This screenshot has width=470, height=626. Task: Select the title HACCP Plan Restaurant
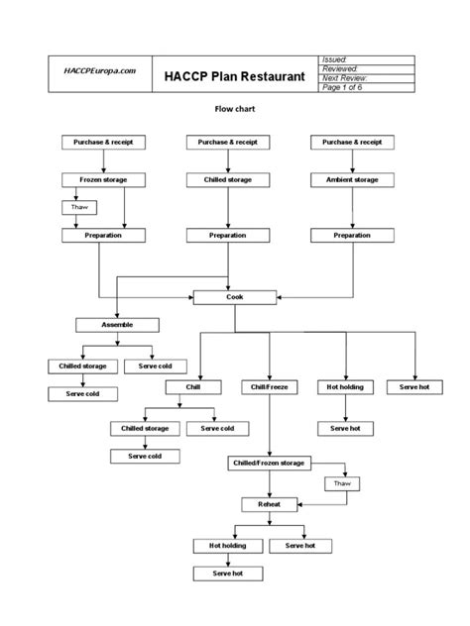click(x=234, y=75)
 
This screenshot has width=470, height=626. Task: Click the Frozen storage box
click(x=103, y=179)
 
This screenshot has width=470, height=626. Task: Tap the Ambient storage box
click(x=353, y=179)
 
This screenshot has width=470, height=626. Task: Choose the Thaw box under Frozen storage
click(x=79, y=207)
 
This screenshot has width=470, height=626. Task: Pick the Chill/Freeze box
click(x=268, y=387)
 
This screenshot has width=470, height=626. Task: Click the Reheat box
click(x=268, y=504)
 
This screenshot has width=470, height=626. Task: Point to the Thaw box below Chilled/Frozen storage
click(x=343, y=484)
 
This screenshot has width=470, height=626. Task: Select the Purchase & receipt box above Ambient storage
click(x=353, y=143)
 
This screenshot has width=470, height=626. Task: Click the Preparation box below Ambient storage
click(x=353, y=235)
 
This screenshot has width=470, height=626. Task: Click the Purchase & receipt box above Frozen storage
click(x=103, y=143)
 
